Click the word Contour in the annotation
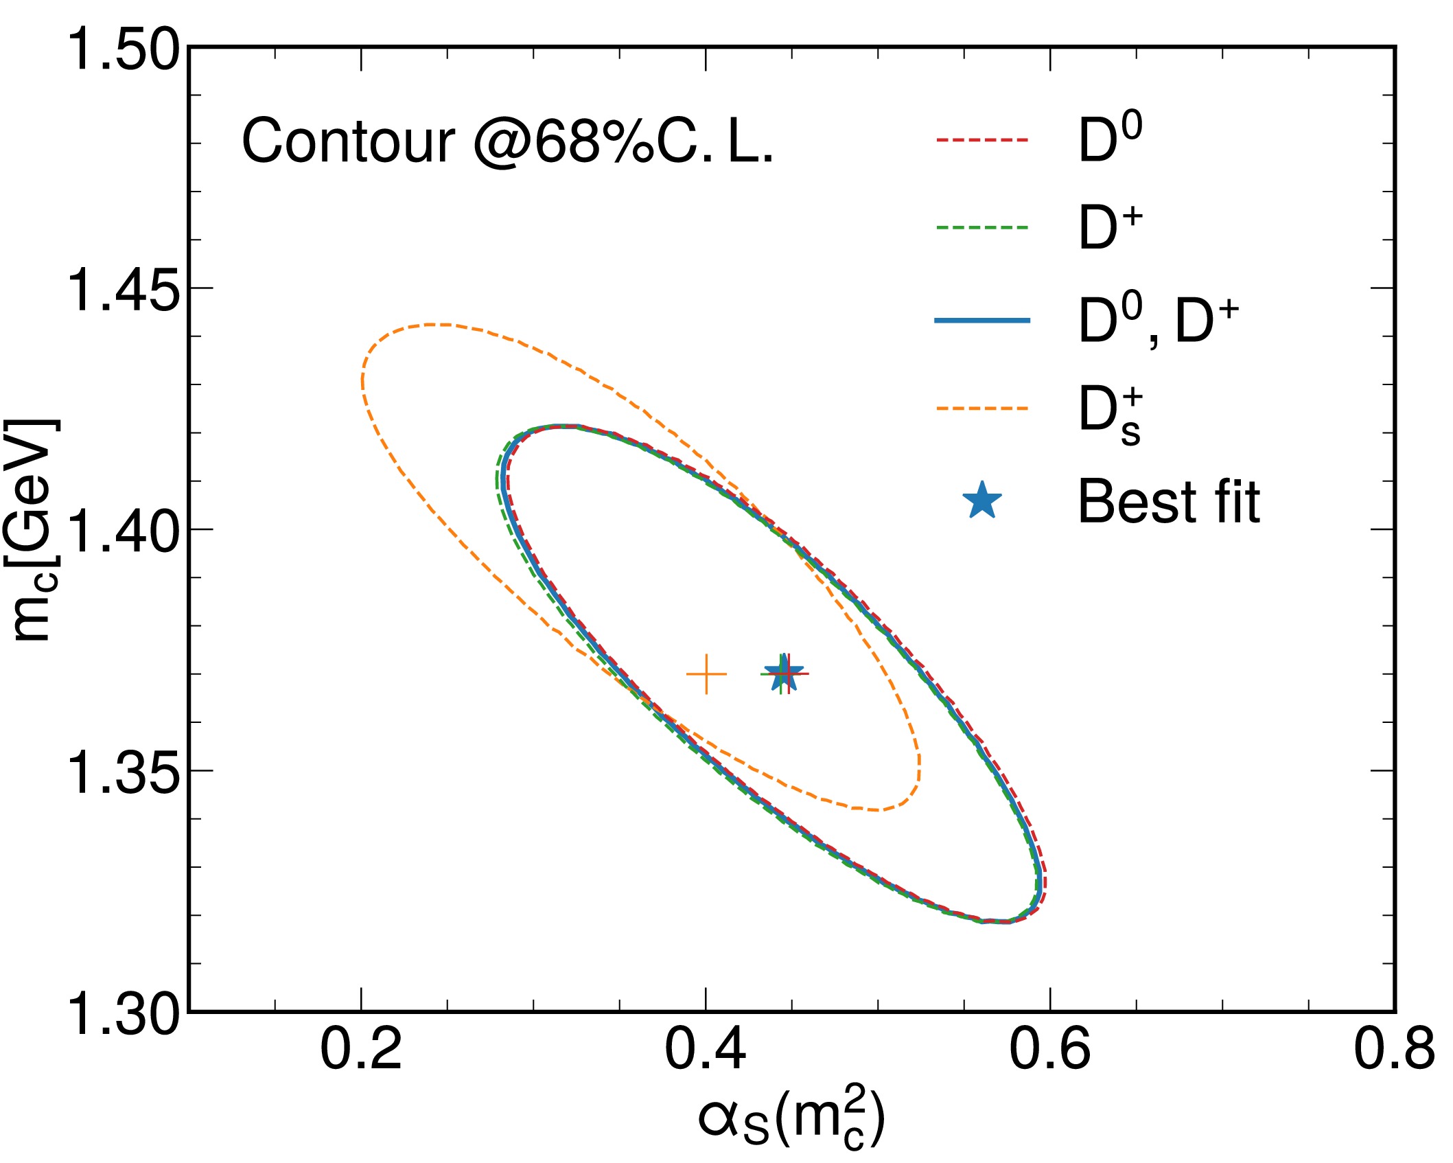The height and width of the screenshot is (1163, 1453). click(349, 142)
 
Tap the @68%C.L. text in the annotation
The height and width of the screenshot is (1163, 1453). click(623, 142)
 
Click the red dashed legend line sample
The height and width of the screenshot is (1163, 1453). click(983, 140)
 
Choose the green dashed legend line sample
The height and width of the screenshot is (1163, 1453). click(983, 227)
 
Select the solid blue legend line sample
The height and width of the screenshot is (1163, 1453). click(983, 320)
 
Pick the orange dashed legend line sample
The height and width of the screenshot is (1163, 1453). click(983, 408)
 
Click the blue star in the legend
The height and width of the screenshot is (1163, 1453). click(983, 500)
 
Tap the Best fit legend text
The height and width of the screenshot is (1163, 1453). click(1169, 502)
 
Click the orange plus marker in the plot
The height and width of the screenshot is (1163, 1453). click(706, 675)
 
